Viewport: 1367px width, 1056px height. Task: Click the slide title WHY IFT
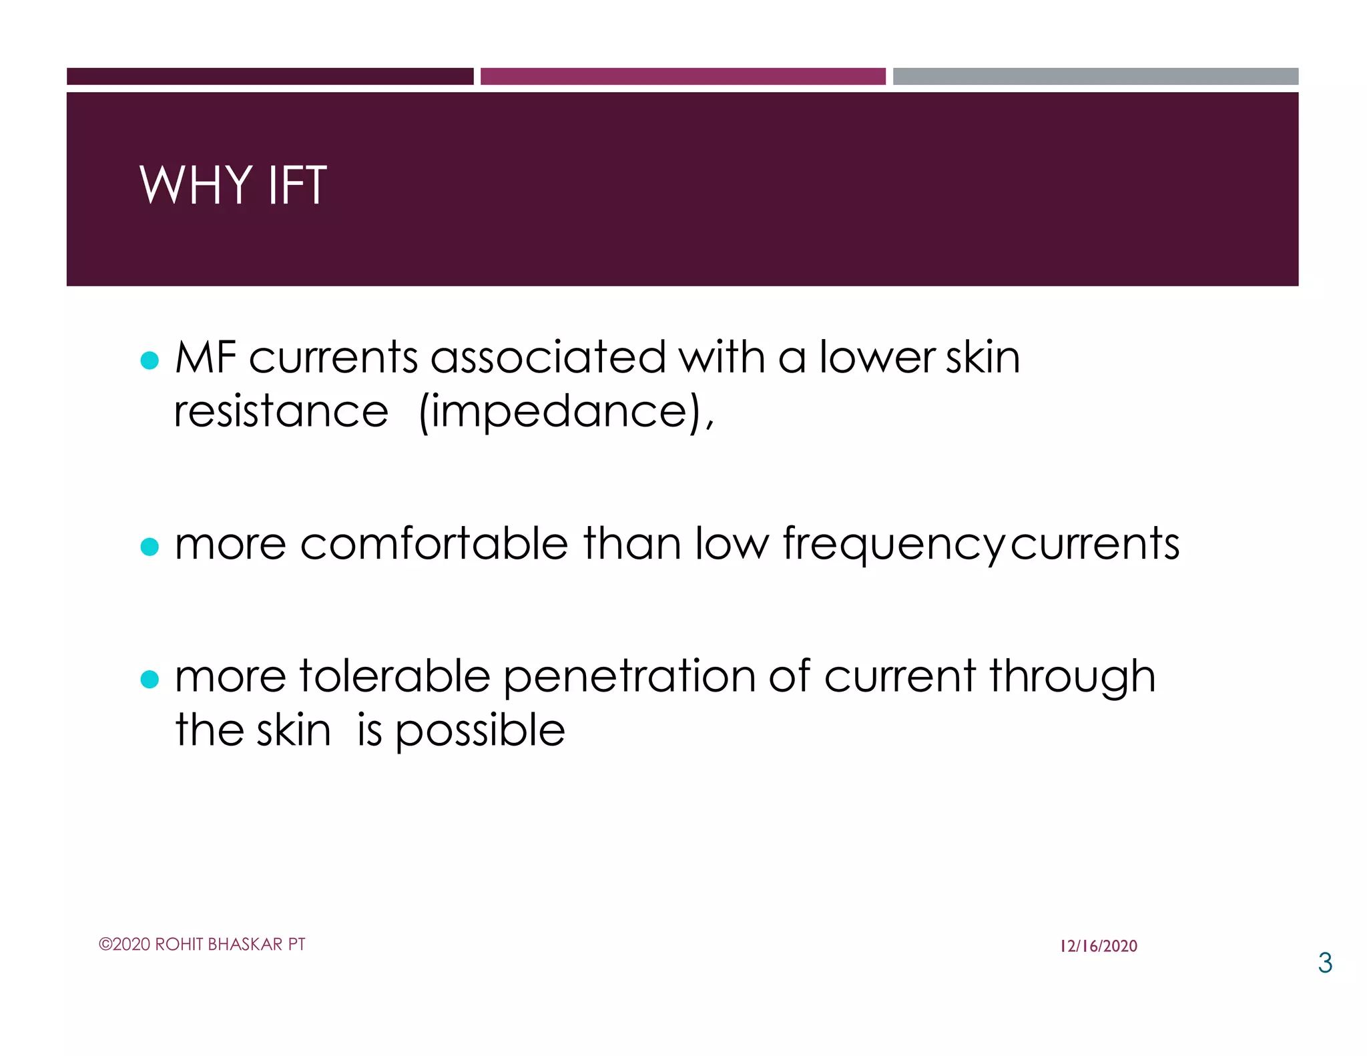233,185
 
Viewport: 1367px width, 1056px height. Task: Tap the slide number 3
1324,963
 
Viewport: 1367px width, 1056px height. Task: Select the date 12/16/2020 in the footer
1098,946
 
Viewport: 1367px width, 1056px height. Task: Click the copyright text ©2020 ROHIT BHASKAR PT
202,944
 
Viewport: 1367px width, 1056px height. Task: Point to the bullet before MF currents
150,360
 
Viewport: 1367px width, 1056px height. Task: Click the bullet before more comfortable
150,547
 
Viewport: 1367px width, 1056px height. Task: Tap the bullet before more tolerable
150,680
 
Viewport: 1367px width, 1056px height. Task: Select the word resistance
281,411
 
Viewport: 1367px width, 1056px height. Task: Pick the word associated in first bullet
548,357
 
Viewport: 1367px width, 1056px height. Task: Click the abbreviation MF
206,357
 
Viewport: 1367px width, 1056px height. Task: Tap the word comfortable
434,543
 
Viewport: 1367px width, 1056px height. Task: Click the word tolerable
395,676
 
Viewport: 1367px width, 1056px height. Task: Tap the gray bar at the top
1095,76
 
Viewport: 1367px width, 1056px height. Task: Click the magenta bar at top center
683,76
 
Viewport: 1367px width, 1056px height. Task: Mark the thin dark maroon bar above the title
270,76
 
